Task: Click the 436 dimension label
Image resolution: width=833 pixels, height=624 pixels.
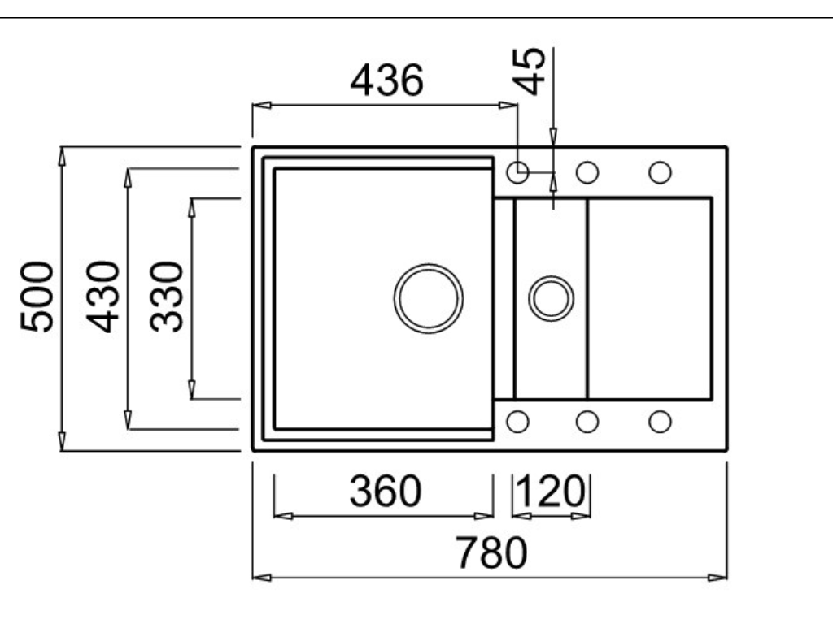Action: point(387,81)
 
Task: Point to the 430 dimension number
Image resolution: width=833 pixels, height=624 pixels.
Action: point(104,296)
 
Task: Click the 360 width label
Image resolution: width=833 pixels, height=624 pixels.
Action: point(386,491)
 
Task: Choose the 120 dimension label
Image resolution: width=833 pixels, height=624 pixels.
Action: point(551,491)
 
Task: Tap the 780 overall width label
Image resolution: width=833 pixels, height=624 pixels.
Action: point(491,554)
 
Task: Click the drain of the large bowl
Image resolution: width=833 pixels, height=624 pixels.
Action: point(428,297)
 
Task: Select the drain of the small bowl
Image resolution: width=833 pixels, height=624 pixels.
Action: point(551,298)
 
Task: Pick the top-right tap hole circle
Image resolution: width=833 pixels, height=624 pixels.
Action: point(660,172)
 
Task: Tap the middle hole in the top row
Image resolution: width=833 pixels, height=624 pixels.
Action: point(587,172)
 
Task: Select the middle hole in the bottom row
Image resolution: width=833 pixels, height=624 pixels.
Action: point(587,421)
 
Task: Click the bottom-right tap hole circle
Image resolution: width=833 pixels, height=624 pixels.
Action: point(660,421)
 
